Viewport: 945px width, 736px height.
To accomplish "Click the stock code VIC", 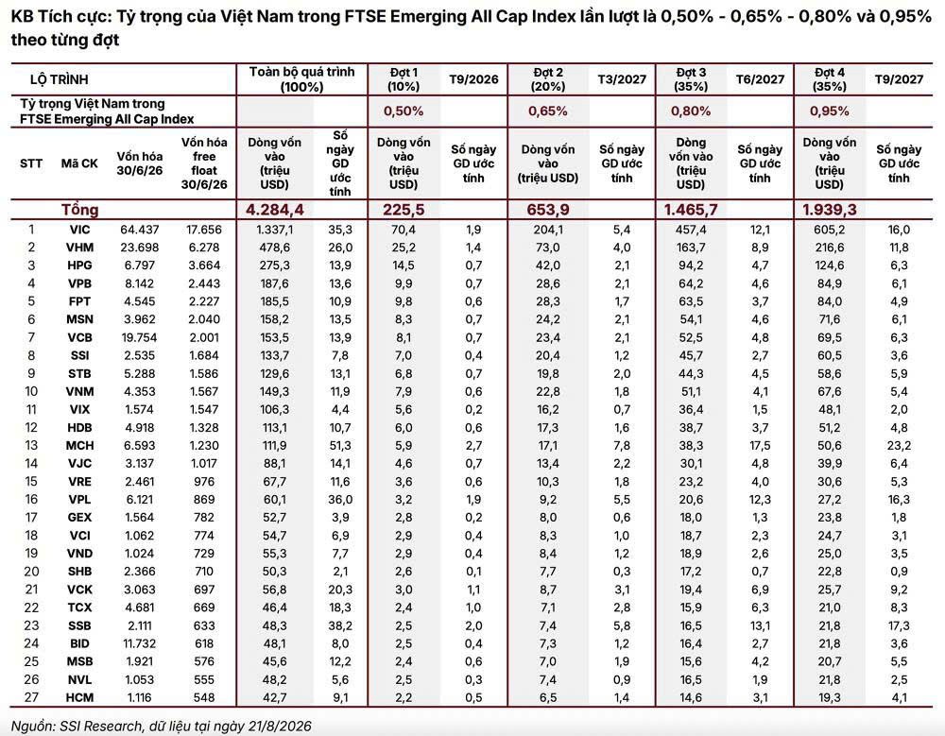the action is tap(79, 230).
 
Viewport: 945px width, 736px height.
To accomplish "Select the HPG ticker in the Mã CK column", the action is tap(79, 265).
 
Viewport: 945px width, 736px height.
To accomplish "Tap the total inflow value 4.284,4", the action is tap(275, 210).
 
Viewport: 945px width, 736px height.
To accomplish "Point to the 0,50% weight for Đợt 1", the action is tap(404, 111).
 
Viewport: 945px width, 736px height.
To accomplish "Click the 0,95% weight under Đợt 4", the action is tap(830, 111).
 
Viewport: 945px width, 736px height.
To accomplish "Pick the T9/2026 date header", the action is tap(473, 79).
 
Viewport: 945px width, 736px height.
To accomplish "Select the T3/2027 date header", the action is tap(622, 79).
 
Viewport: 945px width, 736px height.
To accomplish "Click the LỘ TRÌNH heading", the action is tap(59, 79).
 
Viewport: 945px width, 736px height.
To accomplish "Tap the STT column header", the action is tap(31, 163).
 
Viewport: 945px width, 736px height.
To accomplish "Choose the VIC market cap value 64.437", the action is tap(140, 230).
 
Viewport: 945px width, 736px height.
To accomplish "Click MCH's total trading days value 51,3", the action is tap(340, 445).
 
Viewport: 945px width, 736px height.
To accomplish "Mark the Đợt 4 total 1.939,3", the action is tap(830, 210).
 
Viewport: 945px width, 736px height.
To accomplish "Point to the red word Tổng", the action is tap(79, 210).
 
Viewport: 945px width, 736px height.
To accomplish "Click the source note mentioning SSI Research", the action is tap(161, 726).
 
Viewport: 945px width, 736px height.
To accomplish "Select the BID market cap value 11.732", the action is tap(140, 643).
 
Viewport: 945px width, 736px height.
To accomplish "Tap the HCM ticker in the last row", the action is tap(79, 697).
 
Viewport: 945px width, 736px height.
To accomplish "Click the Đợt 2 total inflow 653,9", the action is tap(547, 210).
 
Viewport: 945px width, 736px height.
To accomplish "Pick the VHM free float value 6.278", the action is tap(204, 248).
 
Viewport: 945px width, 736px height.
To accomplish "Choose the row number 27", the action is tap(31, 697).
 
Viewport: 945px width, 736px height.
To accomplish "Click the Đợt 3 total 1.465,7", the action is tap(691, 210).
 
